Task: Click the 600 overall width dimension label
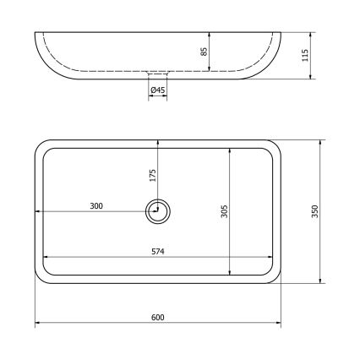click(x=157, y=317)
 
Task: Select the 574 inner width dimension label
click(x=157, y=251)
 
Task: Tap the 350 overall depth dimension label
click(x=314, y=211)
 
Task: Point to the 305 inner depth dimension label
click(x=224, y=211)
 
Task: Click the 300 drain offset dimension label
click(x=96, y=205)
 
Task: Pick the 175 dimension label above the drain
click(x=152, y=175)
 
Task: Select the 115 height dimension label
click(x=305, y=56)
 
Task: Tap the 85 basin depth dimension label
click(x=204, y=52)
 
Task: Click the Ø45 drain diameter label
click(x=157, y=90)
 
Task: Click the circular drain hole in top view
click(x=157, y=212)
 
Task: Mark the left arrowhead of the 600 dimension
click(x=37, y=325)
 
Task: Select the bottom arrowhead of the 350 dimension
click(x=320, y=281)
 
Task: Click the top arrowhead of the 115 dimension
click(x=312, y=35)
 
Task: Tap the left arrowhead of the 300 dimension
click(x=37, y=212)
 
